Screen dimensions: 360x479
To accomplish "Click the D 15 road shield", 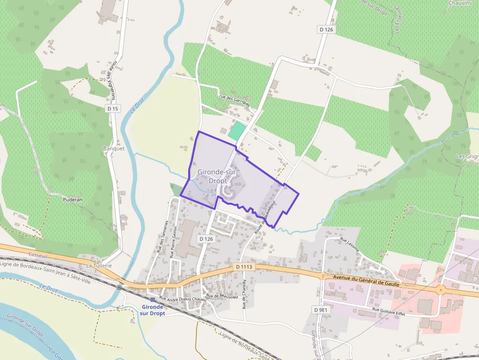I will point(112,108).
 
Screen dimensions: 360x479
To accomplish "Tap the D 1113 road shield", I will point(243,267).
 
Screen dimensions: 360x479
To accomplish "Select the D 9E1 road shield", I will point(320,310).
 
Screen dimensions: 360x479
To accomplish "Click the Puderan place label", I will point(72,199).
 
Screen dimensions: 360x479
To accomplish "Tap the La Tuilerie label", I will point(99,265).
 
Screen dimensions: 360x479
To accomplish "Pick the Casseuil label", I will point(37,255).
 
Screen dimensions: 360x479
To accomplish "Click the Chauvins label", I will point(459,3).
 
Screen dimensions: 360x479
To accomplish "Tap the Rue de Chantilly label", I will point(244,295).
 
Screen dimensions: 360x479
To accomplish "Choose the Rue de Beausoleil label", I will point(221,296).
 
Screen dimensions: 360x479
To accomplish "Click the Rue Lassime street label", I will point(349,245).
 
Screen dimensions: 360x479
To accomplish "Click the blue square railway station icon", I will point(153,299).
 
